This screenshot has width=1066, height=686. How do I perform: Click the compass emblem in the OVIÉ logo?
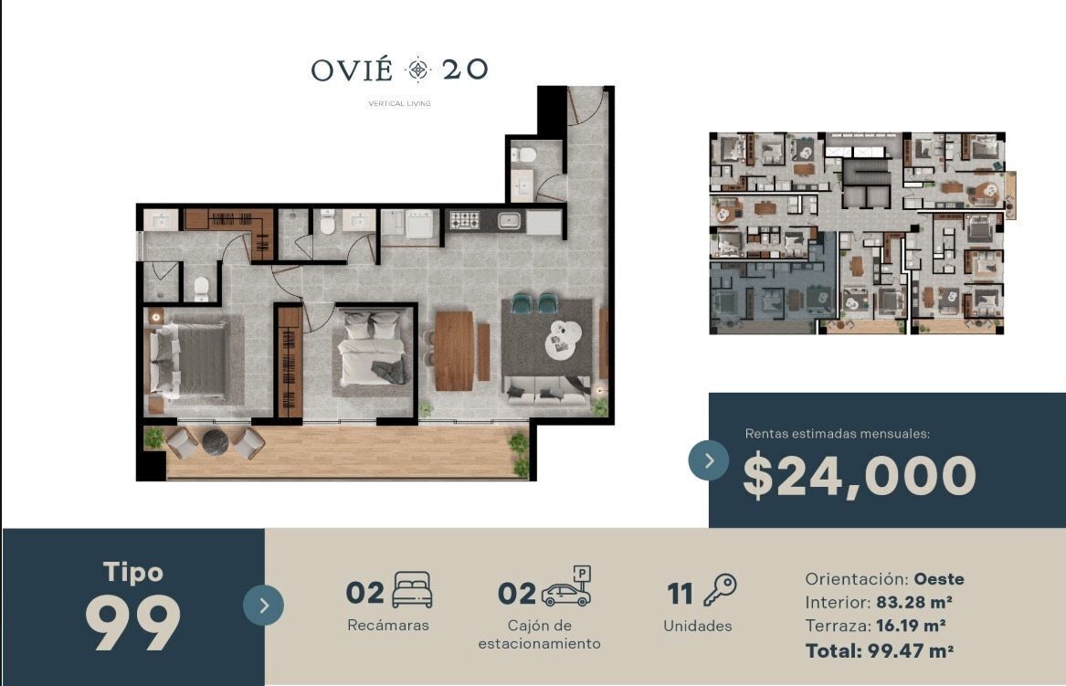pyautogui.click(x=417, y=69)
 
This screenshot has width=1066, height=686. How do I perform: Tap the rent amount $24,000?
pyautogui.click(x=860, y=476)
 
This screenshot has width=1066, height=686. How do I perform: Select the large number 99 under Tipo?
pyautogui.click(x=133, y=623)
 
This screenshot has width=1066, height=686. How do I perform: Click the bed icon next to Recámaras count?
pyautogui.click(x=413, y=589)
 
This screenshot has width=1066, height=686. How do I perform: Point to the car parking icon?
pyautogui.click(x=566, y=586)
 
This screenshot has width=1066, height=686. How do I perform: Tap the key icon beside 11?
pyautogui.click(x=720, y=589)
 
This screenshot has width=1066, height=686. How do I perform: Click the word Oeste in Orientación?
pyautogui.click(x=939, y=579)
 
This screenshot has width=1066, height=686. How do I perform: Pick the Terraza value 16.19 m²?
pyautogui.click(x=911, y=626)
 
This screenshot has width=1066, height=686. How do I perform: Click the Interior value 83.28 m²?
pyautogui.click(x=913, y=602)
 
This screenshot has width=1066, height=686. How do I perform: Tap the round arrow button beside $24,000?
pyautogui.click(x=709, y=460)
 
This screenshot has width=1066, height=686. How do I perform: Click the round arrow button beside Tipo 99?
pyautogui.click(x=263, y=605)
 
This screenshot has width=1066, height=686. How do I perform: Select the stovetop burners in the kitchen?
pyautogui.click(x=465, y=220)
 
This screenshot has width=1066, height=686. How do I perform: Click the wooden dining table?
pyautogui.click(x=454, y=351)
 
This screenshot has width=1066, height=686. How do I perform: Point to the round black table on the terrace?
pyautogui.click(x=216, y=442)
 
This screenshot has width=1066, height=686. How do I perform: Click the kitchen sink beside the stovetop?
pyautogui.click(x=509, y=220)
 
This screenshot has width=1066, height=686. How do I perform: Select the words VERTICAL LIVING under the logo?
pyautogui.click(x=400, y=104)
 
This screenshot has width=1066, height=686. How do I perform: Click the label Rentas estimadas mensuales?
pyautogui.click(x=838, y=434)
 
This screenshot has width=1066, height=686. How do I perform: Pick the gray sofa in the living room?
pyautogui.click(x=546, y=391)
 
